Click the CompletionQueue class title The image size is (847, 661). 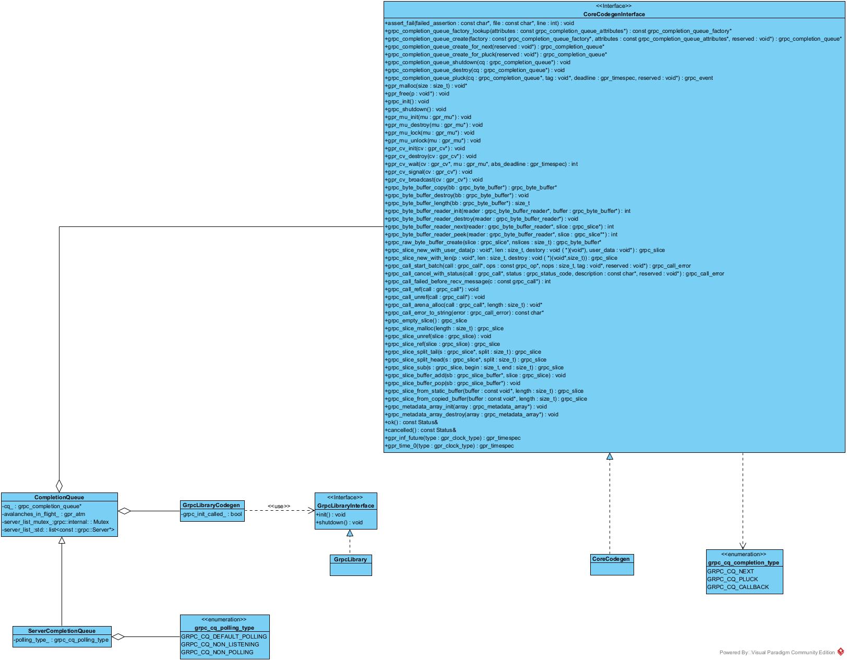(59, 497)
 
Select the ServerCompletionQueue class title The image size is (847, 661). (62, 631)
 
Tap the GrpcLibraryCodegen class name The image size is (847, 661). (211, 505)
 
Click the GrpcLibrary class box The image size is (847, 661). (351, 564)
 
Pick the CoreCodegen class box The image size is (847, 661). (612, 564)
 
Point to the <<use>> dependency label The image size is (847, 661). (279, 506)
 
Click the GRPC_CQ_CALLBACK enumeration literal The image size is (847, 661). (738, 587)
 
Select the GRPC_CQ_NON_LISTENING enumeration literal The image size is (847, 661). (220, 644)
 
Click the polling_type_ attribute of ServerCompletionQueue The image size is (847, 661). (61, 640)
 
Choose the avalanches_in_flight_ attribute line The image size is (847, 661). (44, 514)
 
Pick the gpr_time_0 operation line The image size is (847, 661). (449, 446)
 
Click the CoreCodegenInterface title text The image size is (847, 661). (614, 14)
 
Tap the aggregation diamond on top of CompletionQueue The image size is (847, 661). (59, 486)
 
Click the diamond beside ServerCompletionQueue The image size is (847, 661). (118, 636)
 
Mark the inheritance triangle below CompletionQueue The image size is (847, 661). (62, 540)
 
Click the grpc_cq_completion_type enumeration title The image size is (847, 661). (743, 562)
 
